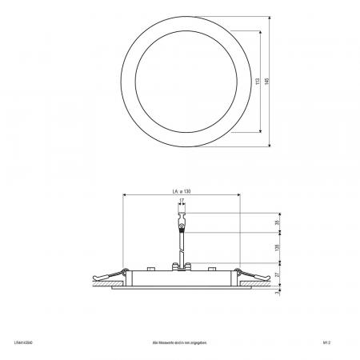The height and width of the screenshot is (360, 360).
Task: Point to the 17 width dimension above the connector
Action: point(182,202)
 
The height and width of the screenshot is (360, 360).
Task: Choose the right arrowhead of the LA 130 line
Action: point(238,196)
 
